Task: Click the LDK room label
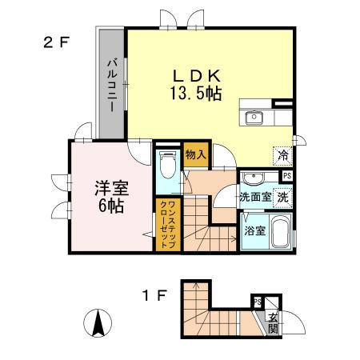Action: pyautogui.click(x=194, y=75)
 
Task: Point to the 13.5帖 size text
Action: pyautogui.click(x=194, y=93)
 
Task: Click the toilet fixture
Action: pyautogui.click(x=167, y=167)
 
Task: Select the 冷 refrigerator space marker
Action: pyautogui.click(x=282, y=156)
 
